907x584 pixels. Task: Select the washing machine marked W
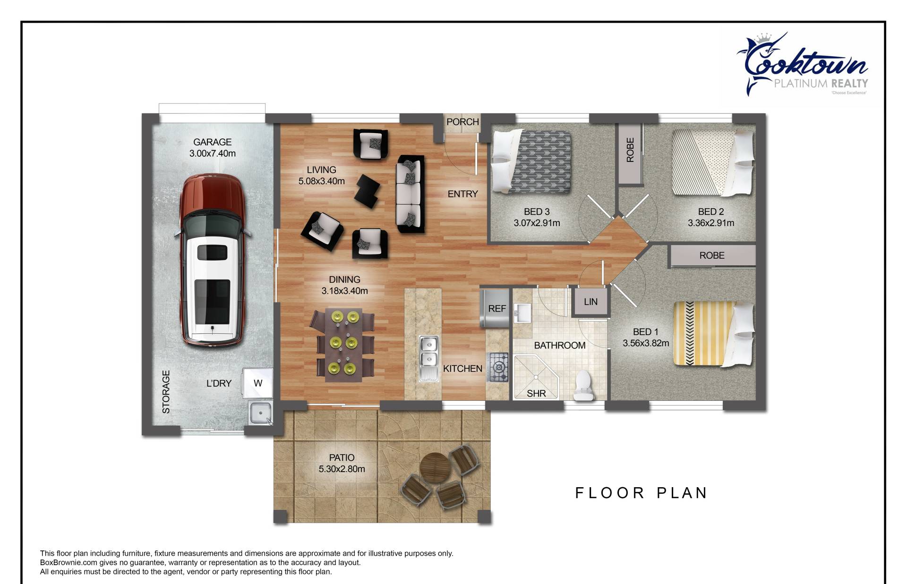(257, 383)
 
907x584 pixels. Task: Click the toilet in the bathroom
(584, 386)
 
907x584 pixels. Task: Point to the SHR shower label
(536, 393)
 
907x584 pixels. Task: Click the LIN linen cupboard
(590, 302)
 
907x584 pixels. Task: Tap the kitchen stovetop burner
(498, 367)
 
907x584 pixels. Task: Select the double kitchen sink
(429, 358)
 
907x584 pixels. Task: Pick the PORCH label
(462, 122)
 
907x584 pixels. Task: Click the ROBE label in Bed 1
(711, 255)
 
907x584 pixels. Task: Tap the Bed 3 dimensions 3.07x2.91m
(537, 223)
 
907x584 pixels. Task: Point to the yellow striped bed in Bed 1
(714, 333)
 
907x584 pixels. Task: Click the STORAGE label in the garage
(166, 392)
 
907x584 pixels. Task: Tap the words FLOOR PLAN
(641, 493)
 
